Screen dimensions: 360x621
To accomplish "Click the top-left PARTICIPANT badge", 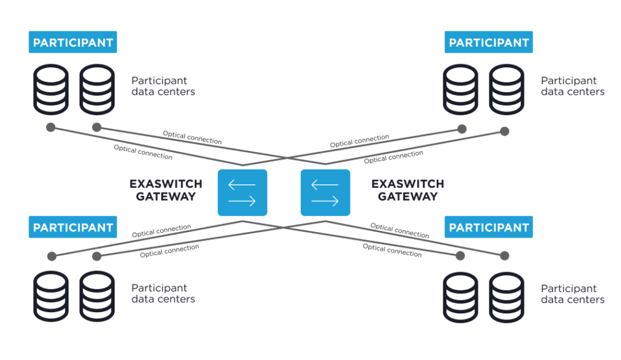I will click(x=73, y=42).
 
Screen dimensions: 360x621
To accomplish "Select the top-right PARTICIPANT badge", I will click(x=488, y=42).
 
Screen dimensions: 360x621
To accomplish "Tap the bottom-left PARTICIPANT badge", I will click(x=73, y=227).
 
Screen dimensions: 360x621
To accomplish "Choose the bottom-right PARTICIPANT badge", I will click(x=488, y=227).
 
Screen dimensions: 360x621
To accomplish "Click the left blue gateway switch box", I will click(x=243, y=192).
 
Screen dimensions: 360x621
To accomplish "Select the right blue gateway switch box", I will click(x=325, y=192).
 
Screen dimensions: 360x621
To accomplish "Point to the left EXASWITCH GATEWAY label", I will click(x=166, y=190).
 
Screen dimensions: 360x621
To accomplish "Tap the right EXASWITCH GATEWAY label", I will click(x=408, y=190).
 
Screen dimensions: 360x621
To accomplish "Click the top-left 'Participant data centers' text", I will click(x=163, y=86).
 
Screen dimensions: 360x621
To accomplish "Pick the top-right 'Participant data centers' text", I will click(x=572, y=86).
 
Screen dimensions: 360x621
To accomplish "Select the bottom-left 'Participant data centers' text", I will click(x=163, y=293).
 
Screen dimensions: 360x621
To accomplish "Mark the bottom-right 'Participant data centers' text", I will click(x=572, y=294).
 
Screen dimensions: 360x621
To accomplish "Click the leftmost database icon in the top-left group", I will click(x=51, y=90).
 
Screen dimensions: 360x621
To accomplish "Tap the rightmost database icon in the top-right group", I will click(x=506, y=90).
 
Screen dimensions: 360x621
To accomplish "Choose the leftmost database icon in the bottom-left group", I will click(x=51, y=296).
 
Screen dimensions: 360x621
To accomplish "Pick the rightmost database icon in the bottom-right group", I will click(x=506, y=297).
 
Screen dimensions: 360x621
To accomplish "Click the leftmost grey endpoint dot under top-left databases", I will click(x=51, y=127).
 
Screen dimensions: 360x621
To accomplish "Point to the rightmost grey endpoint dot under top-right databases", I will click(x=505, y=131).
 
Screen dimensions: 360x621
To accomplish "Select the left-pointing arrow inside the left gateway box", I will click(x=243, y=183).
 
